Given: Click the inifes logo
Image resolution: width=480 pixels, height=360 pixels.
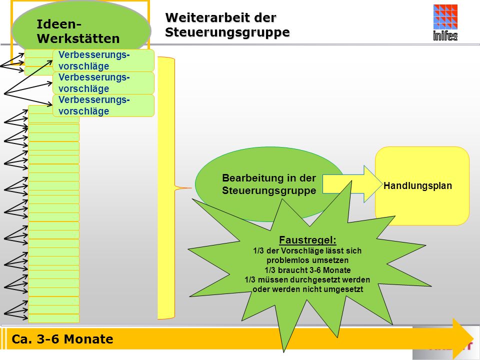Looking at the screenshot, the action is (445, 22).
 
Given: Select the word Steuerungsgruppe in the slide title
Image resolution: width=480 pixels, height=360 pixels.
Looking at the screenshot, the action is (227, 32).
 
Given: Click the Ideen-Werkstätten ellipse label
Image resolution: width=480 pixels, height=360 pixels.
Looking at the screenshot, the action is (78, 31).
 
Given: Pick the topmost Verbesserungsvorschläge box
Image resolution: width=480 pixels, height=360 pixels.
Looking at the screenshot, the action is (103, 60).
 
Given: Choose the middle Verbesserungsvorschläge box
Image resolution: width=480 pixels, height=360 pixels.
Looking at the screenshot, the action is (103, 83).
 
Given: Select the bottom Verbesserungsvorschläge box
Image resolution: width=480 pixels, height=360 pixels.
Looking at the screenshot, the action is (103, 105).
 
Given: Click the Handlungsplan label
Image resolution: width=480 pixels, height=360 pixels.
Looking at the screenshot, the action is (417, 186).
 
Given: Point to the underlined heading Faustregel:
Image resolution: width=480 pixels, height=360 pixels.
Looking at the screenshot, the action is (307, 240).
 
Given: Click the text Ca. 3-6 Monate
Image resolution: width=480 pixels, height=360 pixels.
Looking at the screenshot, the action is (62, 339).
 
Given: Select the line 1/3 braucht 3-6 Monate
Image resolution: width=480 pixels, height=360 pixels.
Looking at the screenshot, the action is (307, 270).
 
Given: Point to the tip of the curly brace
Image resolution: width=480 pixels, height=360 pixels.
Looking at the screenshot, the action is (191, 188).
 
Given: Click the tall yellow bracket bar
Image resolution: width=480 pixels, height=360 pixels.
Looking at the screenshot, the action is (166, 188).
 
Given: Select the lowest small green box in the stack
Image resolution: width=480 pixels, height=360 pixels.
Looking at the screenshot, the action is (53, 318).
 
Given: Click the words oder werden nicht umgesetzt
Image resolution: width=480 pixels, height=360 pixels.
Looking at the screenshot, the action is (307, 289).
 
